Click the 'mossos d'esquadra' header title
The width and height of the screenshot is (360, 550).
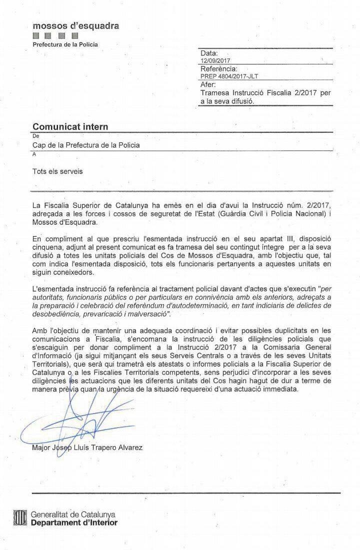[75, 26]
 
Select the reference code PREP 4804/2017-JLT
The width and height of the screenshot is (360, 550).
[229, 76]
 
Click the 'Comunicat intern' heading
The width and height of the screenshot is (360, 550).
[70, 127]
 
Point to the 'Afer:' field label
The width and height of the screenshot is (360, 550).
[208, 84]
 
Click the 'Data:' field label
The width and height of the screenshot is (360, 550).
[209, 53]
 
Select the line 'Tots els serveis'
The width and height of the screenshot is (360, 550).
[57, 171]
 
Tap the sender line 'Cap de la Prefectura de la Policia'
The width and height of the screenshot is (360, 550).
[86, 145]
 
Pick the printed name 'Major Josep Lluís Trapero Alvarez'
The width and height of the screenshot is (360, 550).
[87, 448]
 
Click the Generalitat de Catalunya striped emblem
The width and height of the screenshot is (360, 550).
[20, 518]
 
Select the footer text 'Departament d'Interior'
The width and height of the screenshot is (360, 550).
[74, 523]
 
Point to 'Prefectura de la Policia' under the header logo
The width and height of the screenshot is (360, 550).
[65, 44]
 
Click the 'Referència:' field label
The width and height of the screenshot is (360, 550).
[219, 68]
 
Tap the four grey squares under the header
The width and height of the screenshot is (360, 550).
[55, 36]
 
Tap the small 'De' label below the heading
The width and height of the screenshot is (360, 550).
[35, 135]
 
